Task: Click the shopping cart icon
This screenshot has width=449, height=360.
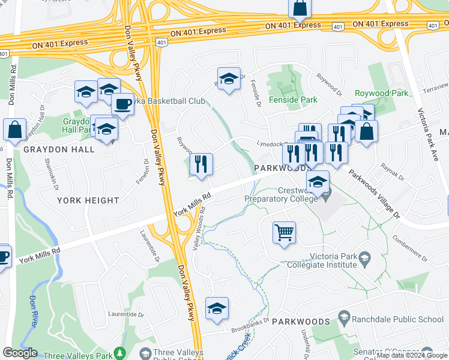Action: click(284, 231)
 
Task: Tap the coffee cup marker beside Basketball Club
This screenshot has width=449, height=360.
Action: click(122, 104)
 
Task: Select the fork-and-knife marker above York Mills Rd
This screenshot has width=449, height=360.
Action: click(200, 164)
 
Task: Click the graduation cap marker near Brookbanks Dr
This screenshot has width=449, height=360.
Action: click(217, 308)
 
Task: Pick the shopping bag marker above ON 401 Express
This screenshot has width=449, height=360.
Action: click(300, 8)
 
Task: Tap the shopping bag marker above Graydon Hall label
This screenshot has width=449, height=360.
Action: click(14, 130)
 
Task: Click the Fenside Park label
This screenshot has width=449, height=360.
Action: click(292, 100)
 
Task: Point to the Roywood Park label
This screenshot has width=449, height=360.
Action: click(381, 93)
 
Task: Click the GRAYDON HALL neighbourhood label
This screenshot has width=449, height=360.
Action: click(59, 149)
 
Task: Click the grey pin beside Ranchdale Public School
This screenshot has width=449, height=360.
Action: click(344, 316)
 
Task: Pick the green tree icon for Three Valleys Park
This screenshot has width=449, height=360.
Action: click(120, 353)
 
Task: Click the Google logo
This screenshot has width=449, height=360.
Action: click(20, 353)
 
